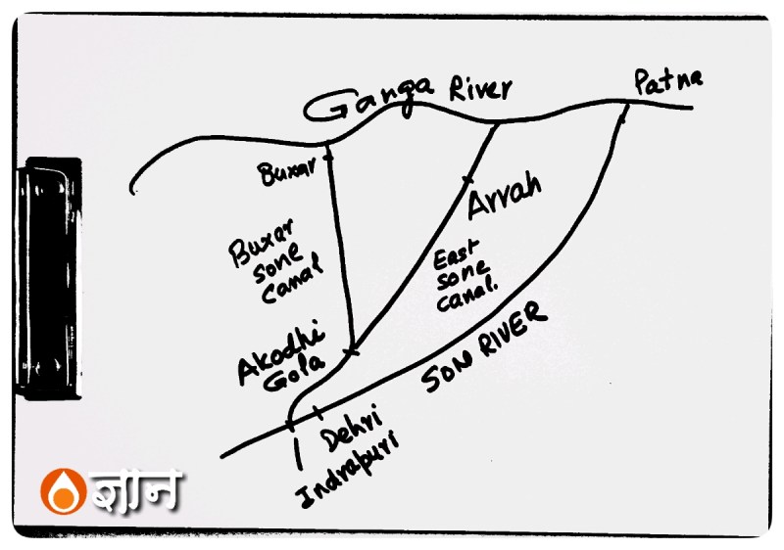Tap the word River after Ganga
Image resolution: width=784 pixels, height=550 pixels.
479,91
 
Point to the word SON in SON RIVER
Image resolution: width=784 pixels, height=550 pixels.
447,374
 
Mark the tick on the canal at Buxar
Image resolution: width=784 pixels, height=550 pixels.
328,154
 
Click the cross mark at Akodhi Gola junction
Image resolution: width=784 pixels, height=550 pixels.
351,350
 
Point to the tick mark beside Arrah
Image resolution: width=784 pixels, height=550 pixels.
466,180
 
